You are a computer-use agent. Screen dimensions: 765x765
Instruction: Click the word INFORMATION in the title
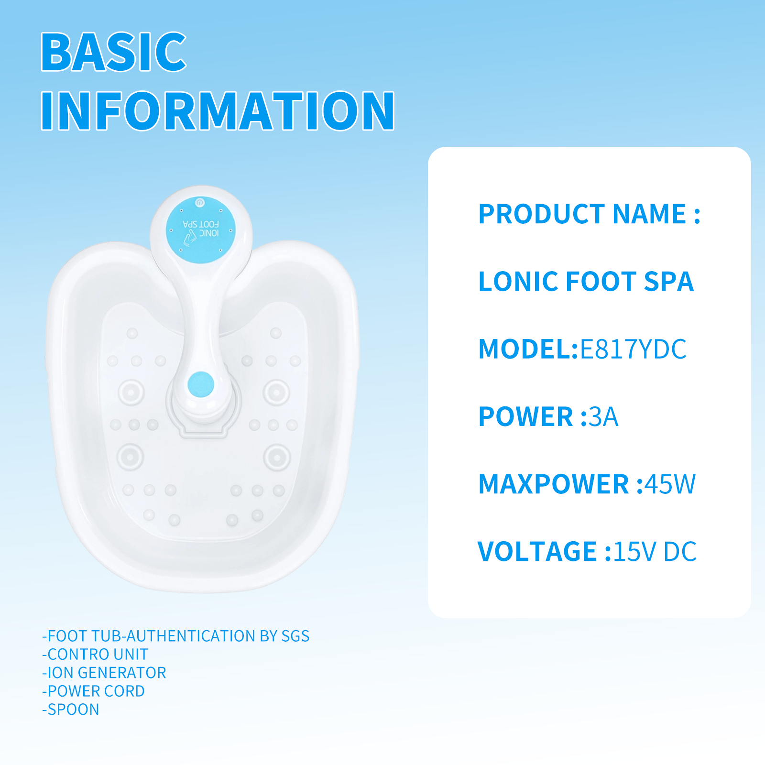[x=218, y=111]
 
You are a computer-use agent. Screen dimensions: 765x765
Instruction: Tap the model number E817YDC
[x=633, y=349]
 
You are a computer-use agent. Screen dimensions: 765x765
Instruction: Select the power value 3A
[x=603, y=416]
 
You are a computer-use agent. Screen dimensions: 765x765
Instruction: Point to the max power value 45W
[x=670, y=484]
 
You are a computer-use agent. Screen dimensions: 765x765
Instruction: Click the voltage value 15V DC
[x=655, y=552]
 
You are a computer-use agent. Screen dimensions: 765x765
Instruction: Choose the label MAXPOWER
[x=554, y=484]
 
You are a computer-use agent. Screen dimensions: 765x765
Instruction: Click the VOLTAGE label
[x=537, y=552]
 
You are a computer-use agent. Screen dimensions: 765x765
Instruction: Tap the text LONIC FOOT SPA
[x=586, y=281]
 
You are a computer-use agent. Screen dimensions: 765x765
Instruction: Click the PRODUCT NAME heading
[x=583, y=214]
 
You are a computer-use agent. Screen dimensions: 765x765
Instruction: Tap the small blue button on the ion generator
[x=201, y=384]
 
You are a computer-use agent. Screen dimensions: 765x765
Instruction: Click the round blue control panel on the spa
[x=201, y=229]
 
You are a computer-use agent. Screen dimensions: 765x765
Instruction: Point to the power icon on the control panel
[x=200, y=203]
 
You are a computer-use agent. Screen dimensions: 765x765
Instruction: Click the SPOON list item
[x=71, y=710]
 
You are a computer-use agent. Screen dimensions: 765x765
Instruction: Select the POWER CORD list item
[x=93, y=691]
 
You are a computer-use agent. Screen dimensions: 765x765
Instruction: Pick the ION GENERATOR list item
[x=104, y=673]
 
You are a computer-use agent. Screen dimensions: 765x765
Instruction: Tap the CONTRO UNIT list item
[x=95, y=654]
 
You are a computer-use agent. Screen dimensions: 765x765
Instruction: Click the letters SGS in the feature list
[x=295, y=636]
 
